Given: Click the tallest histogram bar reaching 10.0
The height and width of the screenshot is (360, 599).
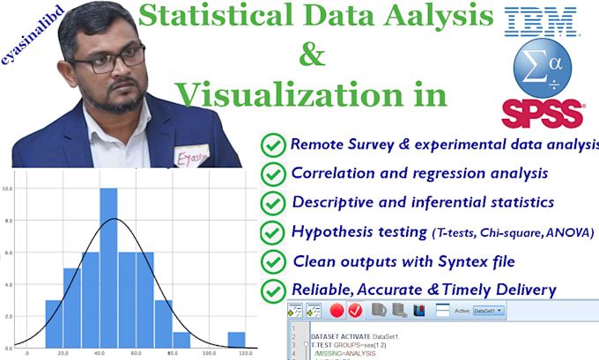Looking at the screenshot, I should (109, 266).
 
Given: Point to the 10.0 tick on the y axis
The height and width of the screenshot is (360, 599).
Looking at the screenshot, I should (7, 188).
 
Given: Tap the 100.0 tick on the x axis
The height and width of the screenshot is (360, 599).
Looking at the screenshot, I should (208, 354).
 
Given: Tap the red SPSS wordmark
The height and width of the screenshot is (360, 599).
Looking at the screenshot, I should (543, 113).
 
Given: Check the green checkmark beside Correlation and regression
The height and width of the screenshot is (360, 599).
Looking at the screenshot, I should (274, 173).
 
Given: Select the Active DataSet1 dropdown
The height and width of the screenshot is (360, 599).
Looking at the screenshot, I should (489, 311).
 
